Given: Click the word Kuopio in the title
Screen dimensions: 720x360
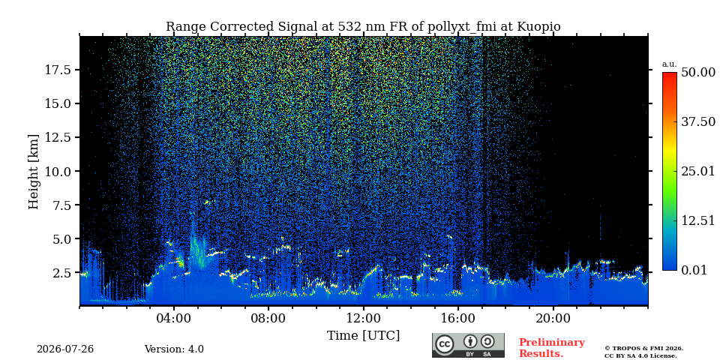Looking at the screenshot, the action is tap(539, 27).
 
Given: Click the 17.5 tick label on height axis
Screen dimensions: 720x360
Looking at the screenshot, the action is tap(57, 70).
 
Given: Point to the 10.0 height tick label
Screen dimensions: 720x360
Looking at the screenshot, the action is tap(57, 171).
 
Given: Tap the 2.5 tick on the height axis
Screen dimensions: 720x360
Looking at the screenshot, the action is tap(61, 273).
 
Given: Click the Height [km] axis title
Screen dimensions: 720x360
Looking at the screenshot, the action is tap(34, 172).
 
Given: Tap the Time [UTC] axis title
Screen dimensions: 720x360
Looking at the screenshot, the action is tap(363, 335).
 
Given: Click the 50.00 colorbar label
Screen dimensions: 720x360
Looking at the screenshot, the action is tap(698, 72).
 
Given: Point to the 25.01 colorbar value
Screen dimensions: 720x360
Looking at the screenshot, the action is tap(698, 171).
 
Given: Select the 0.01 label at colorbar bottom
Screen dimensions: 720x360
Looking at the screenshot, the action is tap(695, 270).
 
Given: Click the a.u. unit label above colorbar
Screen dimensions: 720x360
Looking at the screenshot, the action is tap(670, 64).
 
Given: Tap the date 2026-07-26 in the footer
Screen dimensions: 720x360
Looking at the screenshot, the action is tap(65, 349).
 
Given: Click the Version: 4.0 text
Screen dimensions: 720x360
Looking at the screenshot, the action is tap(174, 349).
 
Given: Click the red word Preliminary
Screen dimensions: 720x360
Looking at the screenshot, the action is tap(552, 343).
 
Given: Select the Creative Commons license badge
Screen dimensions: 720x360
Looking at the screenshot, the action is tap(468, 345).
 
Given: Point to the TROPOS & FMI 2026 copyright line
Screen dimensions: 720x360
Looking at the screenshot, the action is tap(643, 349).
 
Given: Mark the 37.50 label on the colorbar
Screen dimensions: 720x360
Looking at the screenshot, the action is tap(698, 121).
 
